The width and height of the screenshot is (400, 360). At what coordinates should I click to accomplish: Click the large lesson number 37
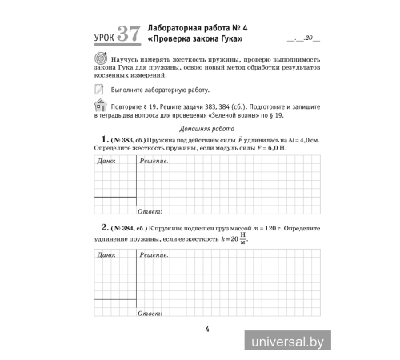click(x=127, y=35)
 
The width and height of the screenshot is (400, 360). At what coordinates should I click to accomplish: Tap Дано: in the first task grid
click(x=106, y=162)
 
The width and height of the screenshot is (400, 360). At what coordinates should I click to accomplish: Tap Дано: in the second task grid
click(x=106, y=255)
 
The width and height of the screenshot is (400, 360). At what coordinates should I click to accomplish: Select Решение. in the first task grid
click(x=153, y=162)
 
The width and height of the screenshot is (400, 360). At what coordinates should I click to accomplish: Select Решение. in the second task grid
click(x=153, y=255)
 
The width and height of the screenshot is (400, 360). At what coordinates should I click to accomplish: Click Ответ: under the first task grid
click(x=150, y=213)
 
